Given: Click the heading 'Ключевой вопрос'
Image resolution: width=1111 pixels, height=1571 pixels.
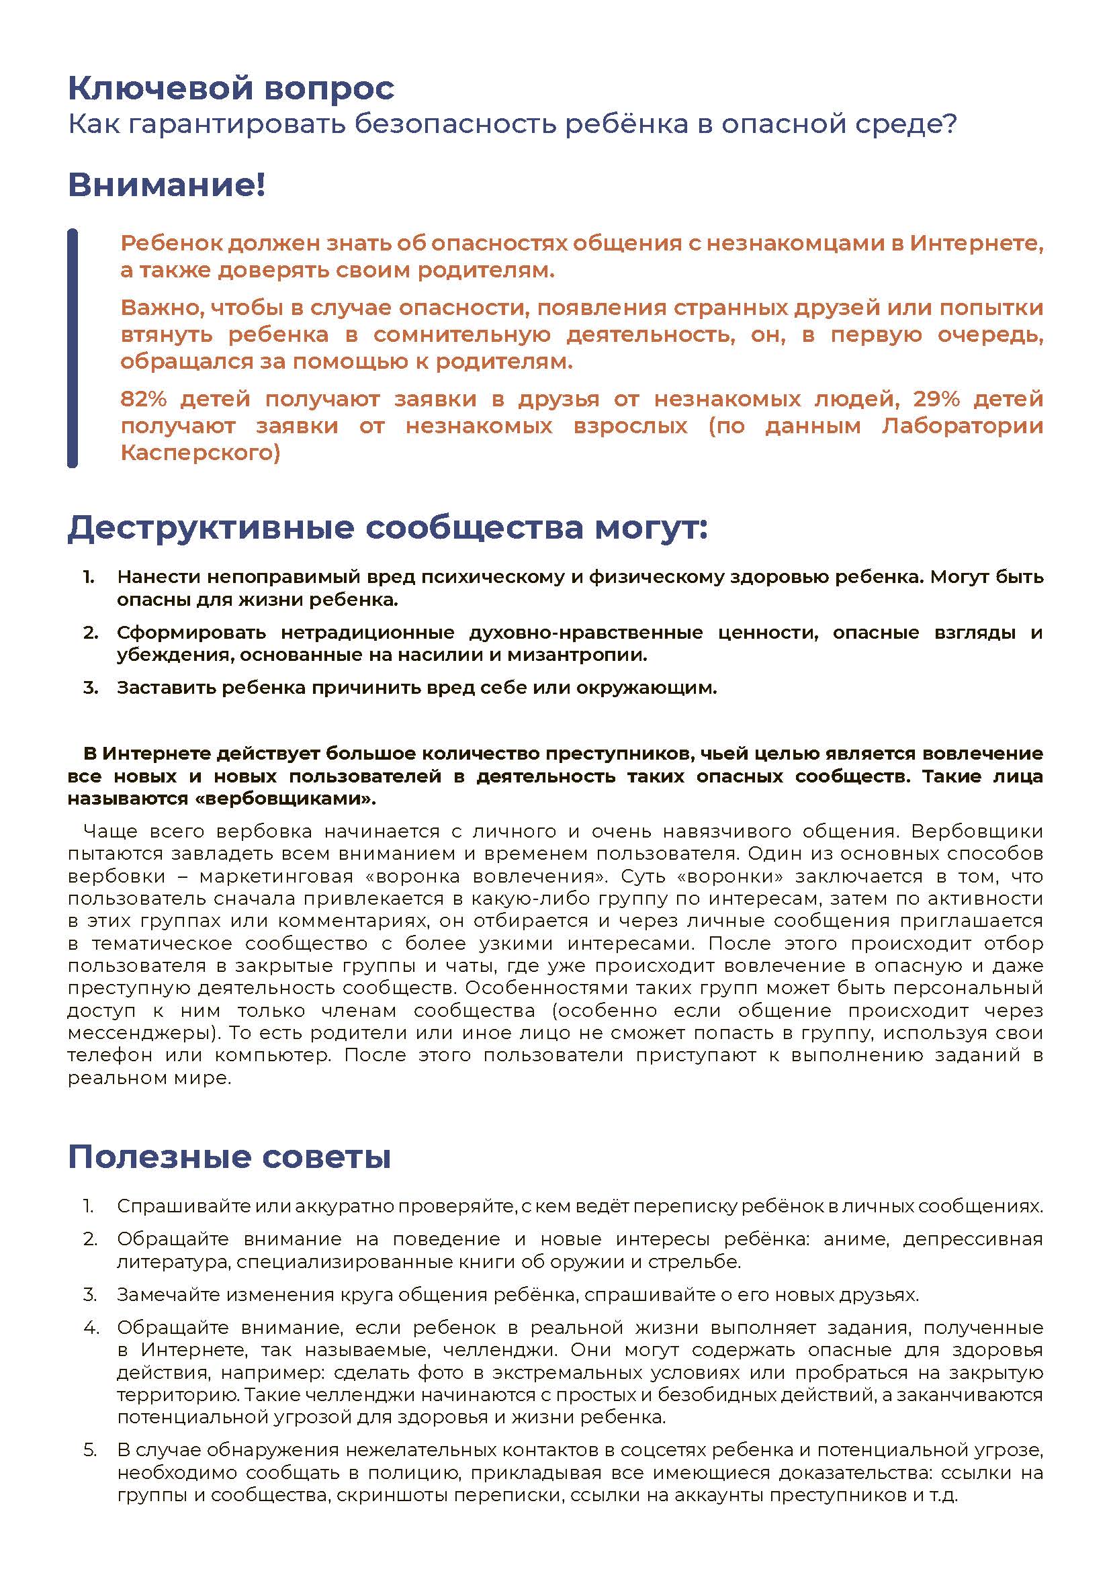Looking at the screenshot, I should click(x=231, y=88).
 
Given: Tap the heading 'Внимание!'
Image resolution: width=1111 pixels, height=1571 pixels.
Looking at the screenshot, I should click(x=166, y=185).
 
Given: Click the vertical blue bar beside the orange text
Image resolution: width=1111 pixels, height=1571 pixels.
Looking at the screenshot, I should click(x=72, y=348).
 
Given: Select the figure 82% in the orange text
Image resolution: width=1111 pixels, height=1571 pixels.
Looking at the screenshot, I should click(x=143, y=398).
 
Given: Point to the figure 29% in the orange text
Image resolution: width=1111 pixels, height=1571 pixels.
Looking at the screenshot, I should click(x=936, y=398).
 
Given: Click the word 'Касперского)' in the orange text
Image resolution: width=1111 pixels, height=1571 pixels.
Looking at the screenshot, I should click(x=200, y=452).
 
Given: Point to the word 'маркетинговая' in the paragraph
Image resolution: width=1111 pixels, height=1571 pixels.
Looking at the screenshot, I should click(x=276, y=877).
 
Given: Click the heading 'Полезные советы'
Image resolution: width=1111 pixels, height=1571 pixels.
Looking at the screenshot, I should click(x=229, y=1157).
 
